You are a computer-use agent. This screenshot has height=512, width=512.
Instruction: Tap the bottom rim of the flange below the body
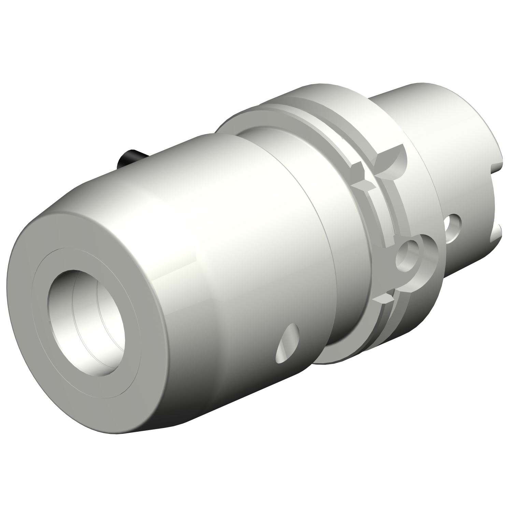coord(341,358)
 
